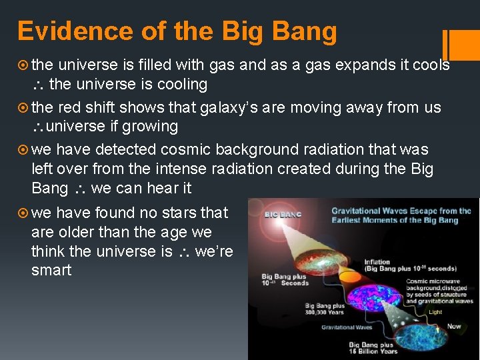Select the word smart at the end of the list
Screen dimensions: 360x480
click(x=51, y=270)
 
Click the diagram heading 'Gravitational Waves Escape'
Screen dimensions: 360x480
click(x=401, y=211)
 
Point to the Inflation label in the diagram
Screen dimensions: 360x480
click(x=377, y=261)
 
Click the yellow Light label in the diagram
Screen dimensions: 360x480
click(x=435, y=311)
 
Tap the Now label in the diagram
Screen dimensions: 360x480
click(x=454, y=326)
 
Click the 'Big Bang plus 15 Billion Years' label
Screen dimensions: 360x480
click(x=373, y=348)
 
